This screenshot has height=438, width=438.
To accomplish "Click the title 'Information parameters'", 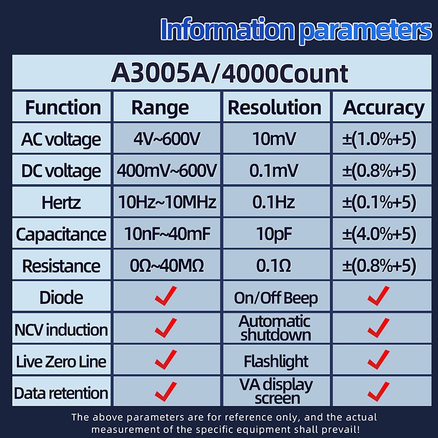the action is (x=296, y=30).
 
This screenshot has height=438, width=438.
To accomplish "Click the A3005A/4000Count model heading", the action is (x=229, y=74).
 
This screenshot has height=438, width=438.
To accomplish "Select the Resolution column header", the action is (x=274, y=107).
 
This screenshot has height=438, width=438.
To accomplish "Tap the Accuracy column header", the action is (x=383, y=108).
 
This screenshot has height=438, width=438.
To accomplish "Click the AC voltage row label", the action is (x=61, y=139).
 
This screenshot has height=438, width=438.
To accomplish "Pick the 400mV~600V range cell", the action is (x=167, y=170).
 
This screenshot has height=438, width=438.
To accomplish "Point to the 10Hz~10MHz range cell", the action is (x=167, y=202).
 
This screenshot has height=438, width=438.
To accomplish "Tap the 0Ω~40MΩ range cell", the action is (x=167, y=266).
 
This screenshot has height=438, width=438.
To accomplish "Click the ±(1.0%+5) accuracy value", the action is (x=379, y=139).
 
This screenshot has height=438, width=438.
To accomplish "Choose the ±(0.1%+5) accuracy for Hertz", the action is (x=379, y=202).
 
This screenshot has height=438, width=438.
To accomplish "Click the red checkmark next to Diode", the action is (x=166, y=296).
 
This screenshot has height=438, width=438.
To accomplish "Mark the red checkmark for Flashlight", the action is (x=378, y=360).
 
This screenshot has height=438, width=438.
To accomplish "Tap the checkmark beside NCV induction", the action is (x=166, y=327).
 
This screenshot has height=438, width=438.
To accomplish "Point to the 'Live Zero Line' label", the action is (x=61, y=361).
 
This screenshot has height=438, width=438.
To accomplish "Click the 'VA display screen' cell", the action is (x=276, y=391).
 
